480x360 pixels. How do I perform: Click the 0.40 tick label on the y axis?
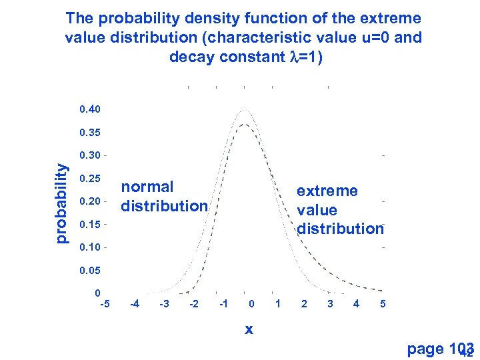[x=89, y=109]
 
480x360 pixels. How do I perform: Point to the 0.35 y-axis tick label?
[x=89, y=132]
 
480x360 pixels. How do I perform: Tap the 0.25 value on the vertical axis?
[x=89, y=179]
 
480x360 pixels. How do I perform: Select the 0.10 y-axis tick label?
[x=89, y=247]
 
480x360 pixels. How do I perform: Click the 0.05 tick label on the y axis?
[x=89, y=271]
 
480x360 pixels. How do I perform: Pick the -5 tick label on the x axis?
[x=104, y=304]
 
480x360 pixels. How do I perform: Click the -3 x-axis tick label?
[x=164, y=304]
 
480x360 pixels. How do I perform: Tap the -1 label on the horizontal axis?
[x=224, y=304]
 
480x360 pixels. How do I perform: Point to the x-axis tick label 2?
[x=304, y=304]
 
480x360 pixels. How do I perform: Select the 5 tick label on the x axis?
[x=383, y=304]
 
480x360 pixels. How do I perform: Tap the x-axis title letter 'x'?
[x=249, y=329]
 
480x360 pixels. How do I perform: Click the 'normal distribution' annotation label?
[x=164, y=197]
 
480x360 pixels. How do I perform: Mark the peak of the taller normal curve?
[x=245, y=109]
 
